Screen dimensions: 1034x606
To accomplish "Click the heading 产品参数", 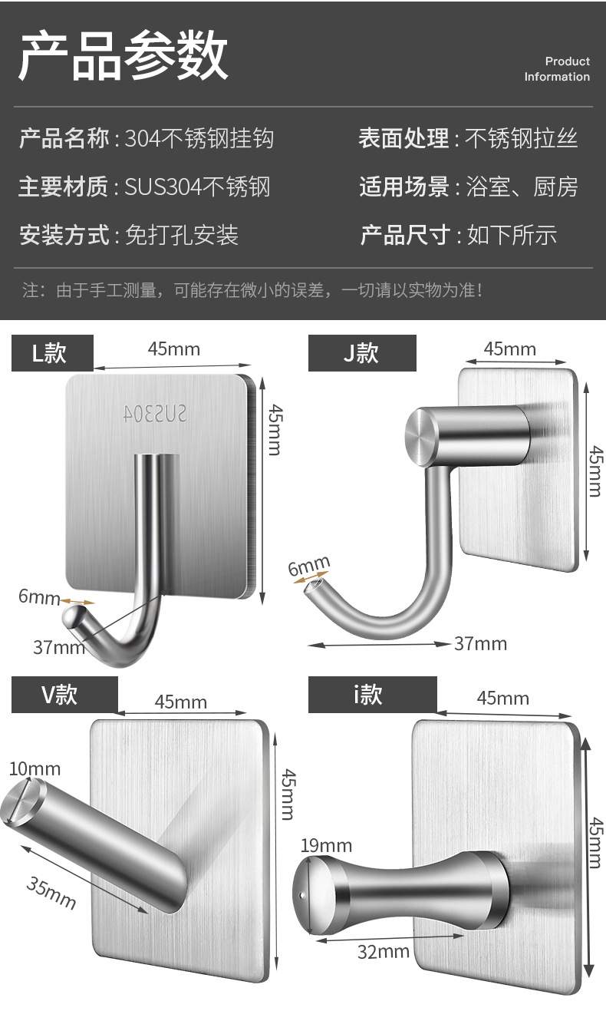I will click(x=123, y=56).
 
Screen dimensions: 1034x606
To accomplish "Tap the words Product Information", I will click(x=557, y=69).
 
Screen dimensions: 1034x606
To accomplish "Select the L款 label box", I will click(x=52, y=353).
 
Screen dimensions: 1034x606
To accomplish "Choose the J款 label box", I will click(x=362, y=353).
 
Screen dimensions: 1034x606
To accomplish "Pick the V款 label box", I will click(x=64, y=695).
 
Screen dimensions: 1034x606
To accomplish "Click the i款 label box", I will click(x=372, y=695).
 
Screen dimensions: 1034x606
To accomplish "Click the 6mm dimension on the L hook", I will click(x=39, y=596).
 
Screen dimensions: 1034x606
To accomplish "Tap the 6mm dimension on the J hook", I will click(x=308, y=568).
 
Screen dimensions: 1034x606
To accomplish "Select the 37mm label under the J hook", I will click(x=480, y=643).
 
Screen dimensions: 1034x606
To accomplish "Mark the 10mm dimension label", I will click(x=35, y=768).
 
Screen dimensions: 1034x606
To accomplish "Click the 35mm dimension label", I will click(x=52, y=893).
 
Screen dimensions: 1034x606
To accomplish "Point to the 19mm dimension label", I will click(x=326, y=846).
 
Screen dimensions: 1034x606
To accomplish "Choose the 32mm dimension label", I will click(x=384, y=952).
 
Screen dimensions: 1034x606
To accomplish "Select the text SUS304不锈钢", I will click(x=198, y=187).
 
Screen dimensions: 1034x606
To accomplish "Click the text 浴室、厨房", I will click(x=522, y=187).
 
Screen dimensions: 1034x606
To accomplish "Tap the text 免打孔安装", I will click(x=182, y=235).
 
